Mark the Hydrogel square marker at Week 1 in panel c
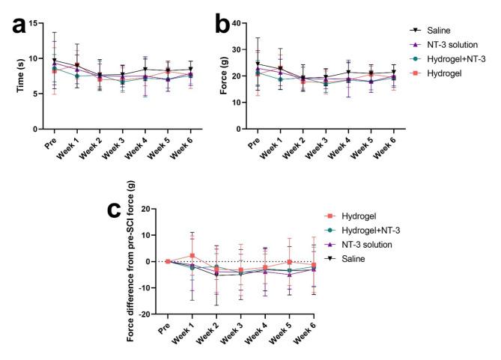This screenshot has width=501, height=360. (192, 256)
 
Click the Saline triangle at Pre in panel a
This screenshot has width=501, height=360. (55, 61)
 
